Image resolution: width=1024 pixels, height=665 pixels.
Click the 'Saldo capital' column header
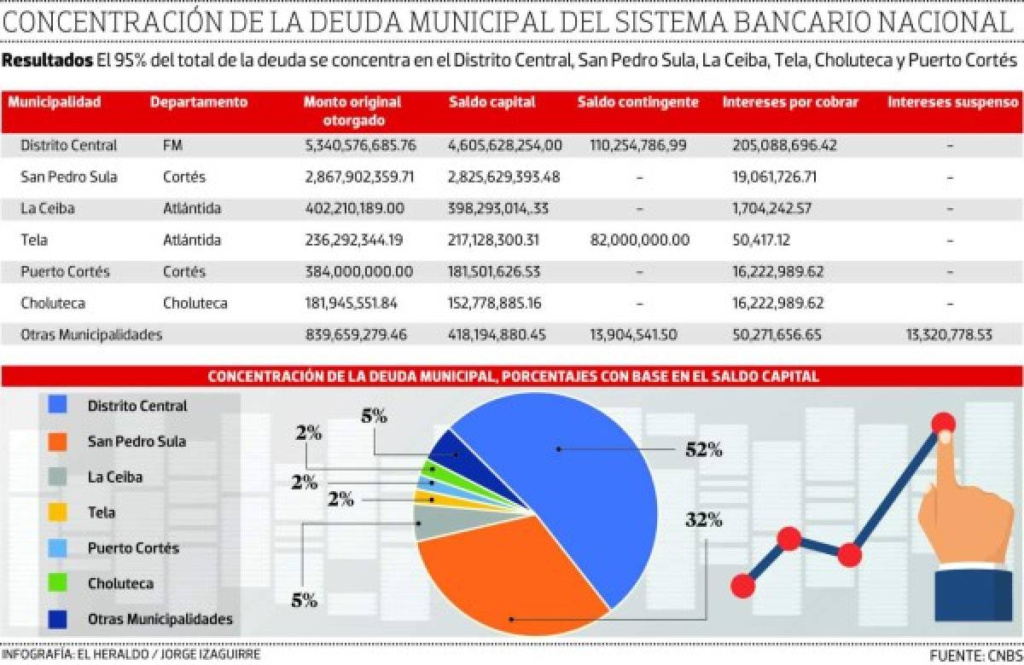pyautogui.click(x=492, y=102)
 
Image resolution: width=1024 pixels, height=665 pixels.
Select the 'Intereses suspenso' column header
pyautogui.click(x=952, y=102)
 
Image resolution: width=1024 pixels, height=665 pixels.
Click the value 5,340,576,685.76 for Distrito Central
pyautogui.click(x=360, y=146)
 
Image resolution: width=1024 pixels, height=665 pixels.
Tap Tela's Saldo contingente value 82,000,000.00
pyautogui.click(x=639, y=240)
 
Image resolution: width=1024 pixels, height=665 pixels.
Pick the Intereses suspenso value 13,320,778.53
pyautogui.click(x=949, y=335)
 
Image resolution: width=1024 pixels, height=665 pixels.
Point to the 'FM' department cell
pyautogui.click(x=172, y=146)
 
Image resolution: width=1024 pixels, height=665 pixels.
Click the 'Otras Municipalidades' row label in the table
pyautogui.click(x=90, y=335)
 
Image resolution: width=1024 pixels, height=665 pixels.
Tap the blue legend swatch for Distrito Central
pyautogui.click(x=58, y=407)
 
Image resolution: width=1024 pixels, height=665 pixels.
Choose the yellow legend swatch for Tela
pyautogui.click(x=58, y=512)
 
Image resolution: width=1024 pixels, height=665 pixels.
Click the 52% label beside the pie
pyautogui.click(x=703, y=449)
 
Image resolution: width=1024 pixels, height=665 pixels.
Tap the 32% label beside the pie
pyautogui.click(x=703, y=518)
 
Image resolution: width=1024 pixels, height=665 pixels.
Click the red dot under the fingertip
pyautogui.click(x=943, y=423)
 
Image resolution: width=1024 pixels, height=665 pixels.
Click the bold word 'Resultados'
pyautogui.click(x=48, y=61)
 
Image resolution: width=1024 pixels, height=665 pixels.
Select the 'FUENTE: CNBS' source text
pyautogui.click(x=975, y=655)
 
